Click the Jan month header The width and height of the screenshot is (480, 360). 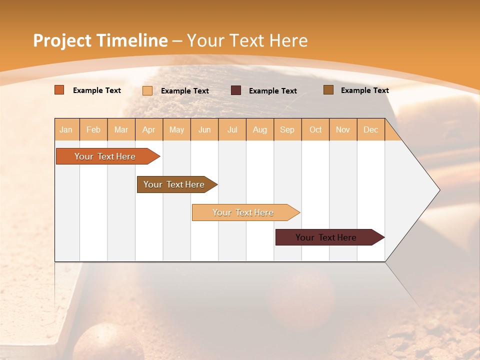pyautogui.click(x=66, y=129)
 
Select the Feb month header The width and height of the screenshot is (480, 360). pyautogui.click(x=93, y=129)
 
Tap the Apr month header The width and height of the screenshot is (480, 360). pyautogui.click(x=148, y=129)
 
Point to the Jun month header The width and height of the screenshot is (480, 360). pyautogui.click(x=204, y=129)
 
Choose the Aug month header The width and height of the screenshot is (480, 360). pyautogui.click(x=259, y=129)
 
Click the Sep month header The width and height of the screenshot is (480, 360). pyautogui.click(x=287, y=129)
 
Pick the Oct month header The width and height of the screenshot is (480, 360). pyautogui.click(x=315, y=129)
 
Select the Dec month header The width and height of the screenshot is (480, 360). pyautogui.click(x=370, y=129)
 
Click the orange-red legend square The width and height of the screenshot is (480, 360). pyautogui.click(x=59, y=90)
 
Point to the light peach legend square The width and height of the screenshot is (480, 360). pyautogui.click(x=147, y=90)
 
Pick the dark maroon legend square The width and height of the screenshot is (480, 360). pyautogui.click(x=236, y=90)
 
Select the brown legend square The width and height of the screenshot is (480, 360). pyautogui.click(x=328, y=90)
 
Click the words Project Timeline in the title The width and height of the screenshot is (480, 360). pyautogui.click(x=100, y=40)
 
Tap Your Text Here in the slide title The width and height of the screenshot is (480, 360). pyautogui.click(x=247, y=40)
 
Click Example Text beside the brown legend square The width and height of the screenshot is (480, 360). pyautogui.click(x=364, y=90)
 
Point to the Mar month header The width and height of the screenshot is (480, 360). pyautogui.click(x=121, y=129)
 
